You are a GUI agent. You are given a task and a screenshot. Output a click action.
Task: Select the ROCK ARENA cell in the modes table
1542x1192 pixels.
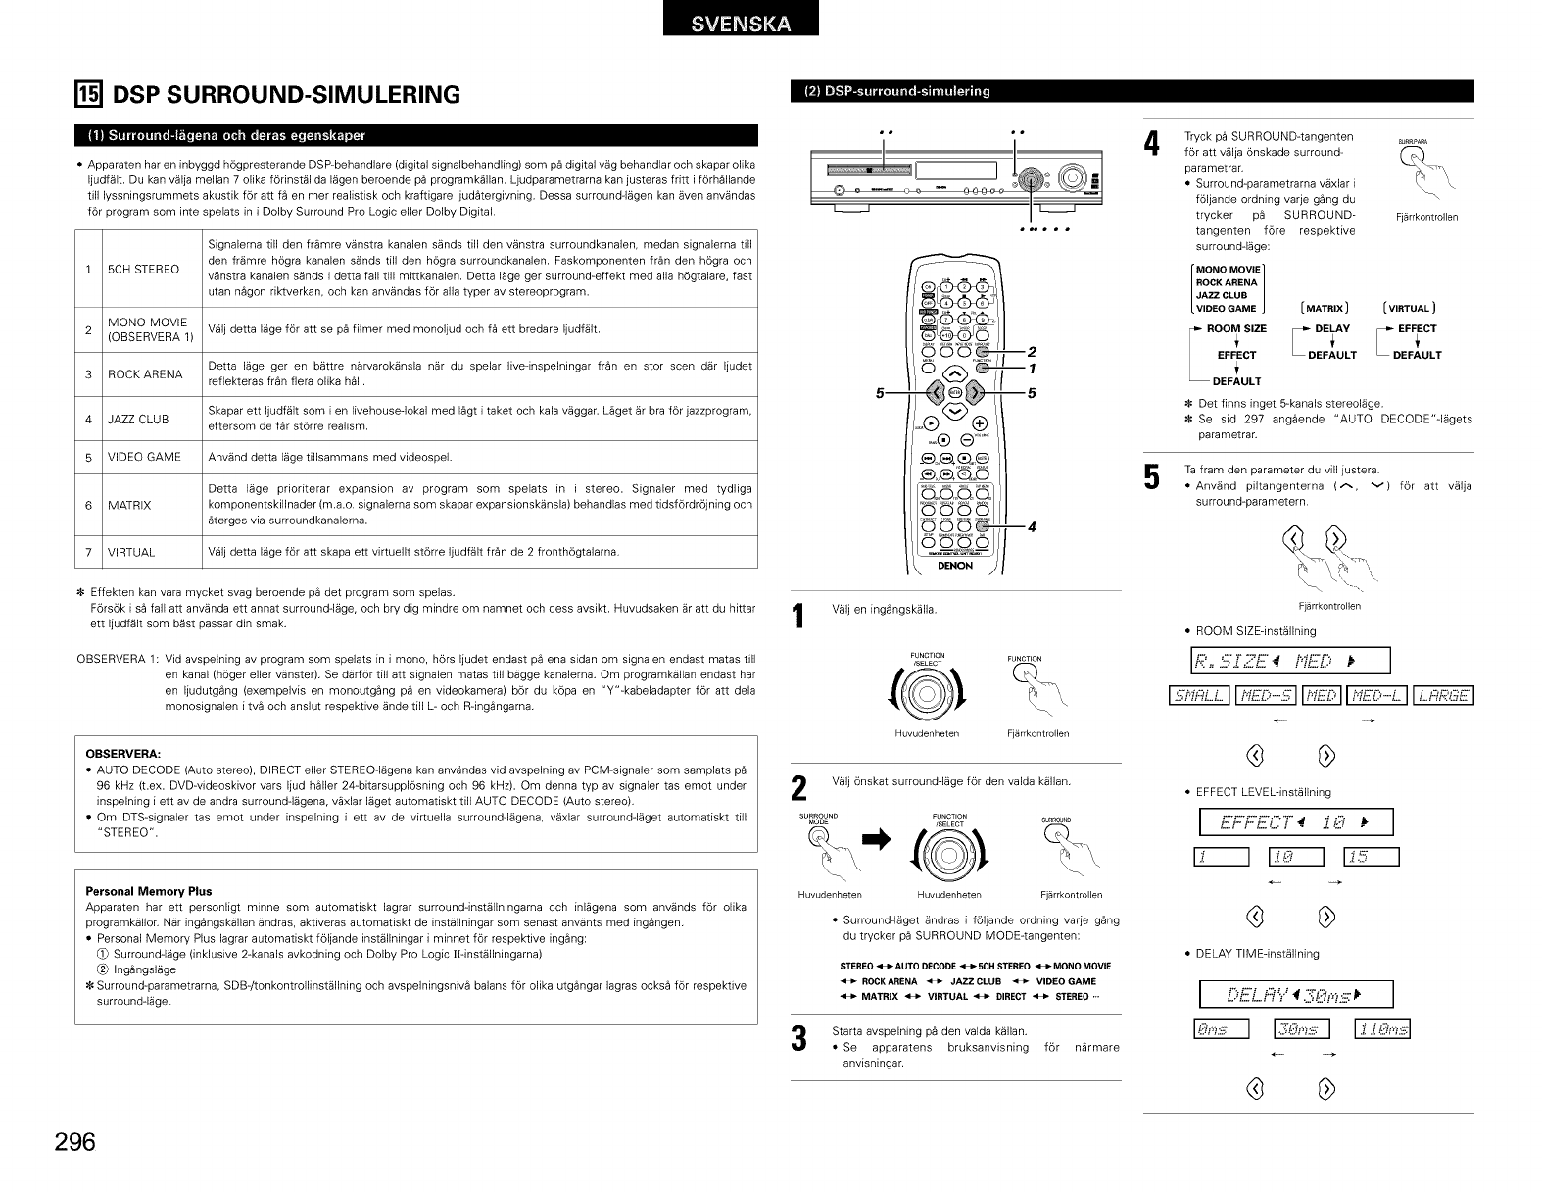pos(145,374)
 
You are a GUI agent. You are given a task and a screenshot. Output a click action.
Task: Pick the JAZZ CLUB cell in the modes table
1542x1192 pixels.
pos(138,420)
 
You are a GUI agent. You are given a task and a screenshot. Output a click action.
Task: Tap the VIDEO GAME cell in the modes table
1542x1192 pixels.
pos(144,457)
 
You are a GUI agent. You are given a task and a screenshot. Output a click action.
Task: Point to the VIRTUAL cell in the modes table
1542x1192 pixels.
pos(131,552)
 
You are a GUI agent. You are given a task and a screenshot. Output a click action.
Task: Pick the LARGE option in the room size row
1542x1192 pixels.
pos(1445,696)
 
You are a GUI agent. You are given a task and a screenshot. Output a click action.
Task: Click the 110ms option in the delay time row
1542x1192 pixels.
pos(1381,1028)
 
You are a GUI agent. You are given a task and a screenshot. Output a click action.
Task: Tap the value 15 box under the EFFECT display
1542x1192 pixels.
pos(1372,858)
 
